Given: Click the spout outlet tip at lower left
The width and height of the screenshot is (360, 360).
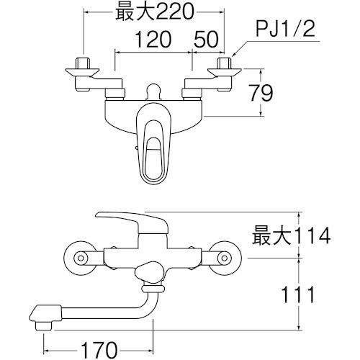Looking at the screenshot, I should (x=40, y=314).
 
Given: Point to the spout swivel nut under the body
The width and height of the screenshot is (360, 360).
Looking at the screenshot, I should (x=153, y=288).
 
